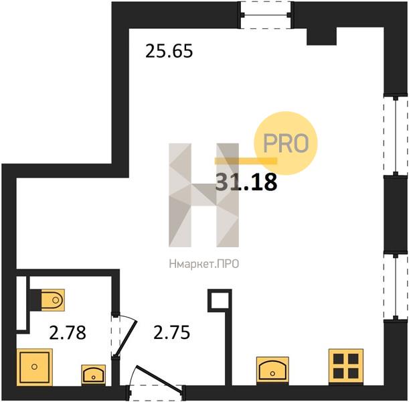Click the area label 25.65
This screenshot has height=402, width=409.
tap(169, 51)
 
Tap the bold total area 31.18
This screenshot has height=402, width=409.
tap(246, 182)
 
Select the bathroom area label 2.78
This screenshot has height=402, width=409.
tap(68, 333)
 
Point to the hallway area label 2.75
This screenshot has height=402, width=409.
tap(171, 332)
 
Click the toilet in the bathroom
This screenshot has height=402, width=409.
tap(53, 300)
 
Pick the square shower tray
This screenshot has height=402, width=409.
tap(34, 367)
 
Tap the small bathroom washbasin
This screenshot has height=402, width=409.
tap(94, 375)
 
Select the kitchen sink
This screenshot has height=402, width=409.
tap(272, 370)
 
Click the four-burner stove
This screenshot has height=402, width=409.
tap(346, 366)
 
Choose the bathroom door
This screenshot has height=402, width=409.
tap(123, 336)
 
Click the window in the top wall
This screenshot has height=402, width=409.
tap(266, 15)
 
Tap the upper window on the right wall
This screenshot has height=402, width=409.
tap(396, 136)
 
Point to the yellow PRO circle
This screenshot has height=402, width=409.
tap(286, 143)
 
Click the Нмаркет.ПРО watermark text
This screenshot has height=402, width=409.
tap(203, 265)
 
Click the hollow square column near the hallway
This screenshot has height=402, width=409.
tap(220, 300)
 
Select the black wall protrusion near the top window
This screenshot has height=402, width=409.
tap(321, 36)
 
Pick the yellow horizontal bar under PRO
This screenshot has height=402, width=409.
tap(246, 161)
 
